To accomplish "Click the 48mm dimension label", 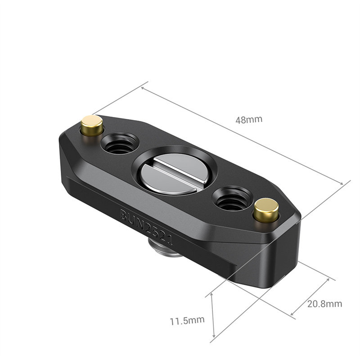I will click(248, 120).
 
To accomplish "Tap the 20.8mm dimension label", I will click(324, 304).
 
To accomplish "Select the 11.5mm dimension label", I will click(187, 320).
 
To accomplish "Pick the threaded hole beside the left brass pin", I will click(119, 144).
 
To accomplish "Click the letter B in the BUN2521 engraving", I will click(124, 215).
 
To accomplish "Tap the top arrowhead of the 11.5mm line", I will click(212, 295).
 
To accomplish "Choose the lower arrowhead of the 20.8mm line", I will click(292, 313).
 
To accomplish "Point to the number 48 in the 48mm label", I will click(242, 120).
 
